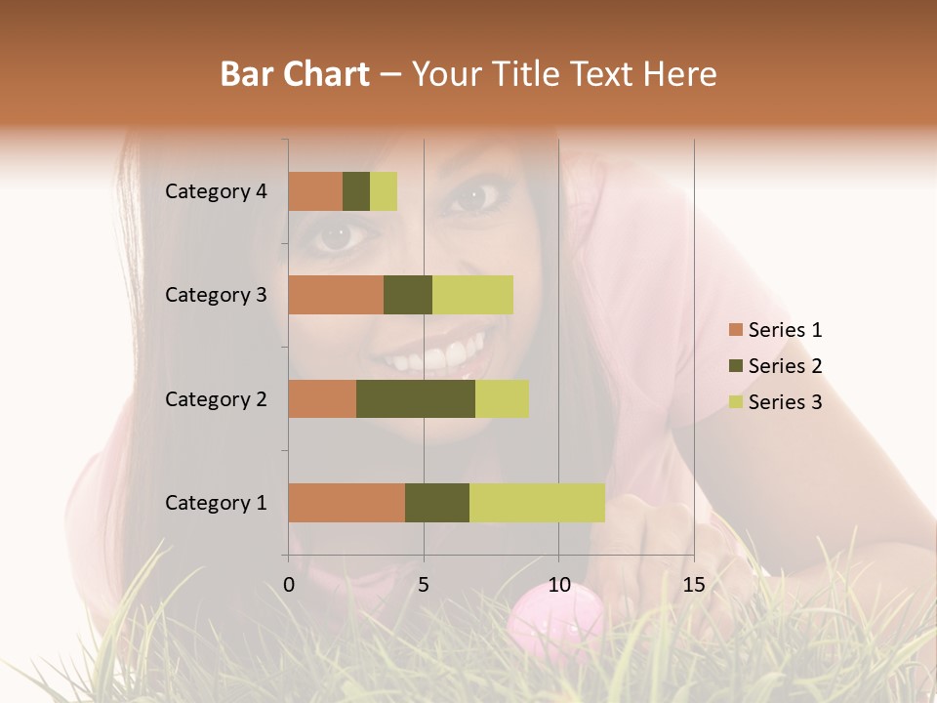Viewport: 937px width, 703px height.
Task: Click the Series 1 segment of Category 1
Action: (346, 502)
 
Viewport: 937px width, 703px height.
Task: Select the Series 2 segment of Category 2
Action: (416, 398)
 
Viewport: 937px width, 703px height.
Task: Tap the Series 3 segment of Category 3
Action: (472, 295)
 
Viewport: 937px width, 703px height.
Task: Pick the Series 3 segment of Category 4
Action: (384, 191)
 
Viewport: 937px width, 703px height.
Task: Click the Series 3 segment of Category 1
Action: (537, 502)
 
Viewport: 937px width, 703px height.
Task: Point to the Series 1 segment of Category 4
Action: (315, 191)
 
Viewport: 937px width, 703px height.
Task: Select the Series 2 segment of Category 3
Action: (408, 295)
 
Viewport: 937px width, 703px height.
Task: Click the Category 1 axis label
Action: (216, 503)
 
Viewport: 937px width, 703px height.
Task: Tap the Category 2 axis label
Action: (216, 398)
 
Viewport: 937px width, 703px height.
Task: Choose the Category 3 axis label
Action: (216, 295)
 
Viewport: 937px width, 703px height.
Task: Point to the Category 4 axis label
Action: (216, 191)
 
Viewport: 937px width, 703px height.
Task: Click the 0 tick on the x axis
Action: (289, 585)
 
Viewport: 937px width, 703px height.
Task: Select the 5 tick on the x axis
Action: (424, 585)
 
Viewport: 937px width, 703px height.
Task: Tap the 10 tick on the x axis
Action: (558, 585)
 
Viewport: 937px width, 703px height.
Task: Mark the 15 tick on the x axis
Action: (693, 585)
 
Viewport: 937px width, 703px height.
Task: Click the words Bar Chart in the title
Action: (295, 74)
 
